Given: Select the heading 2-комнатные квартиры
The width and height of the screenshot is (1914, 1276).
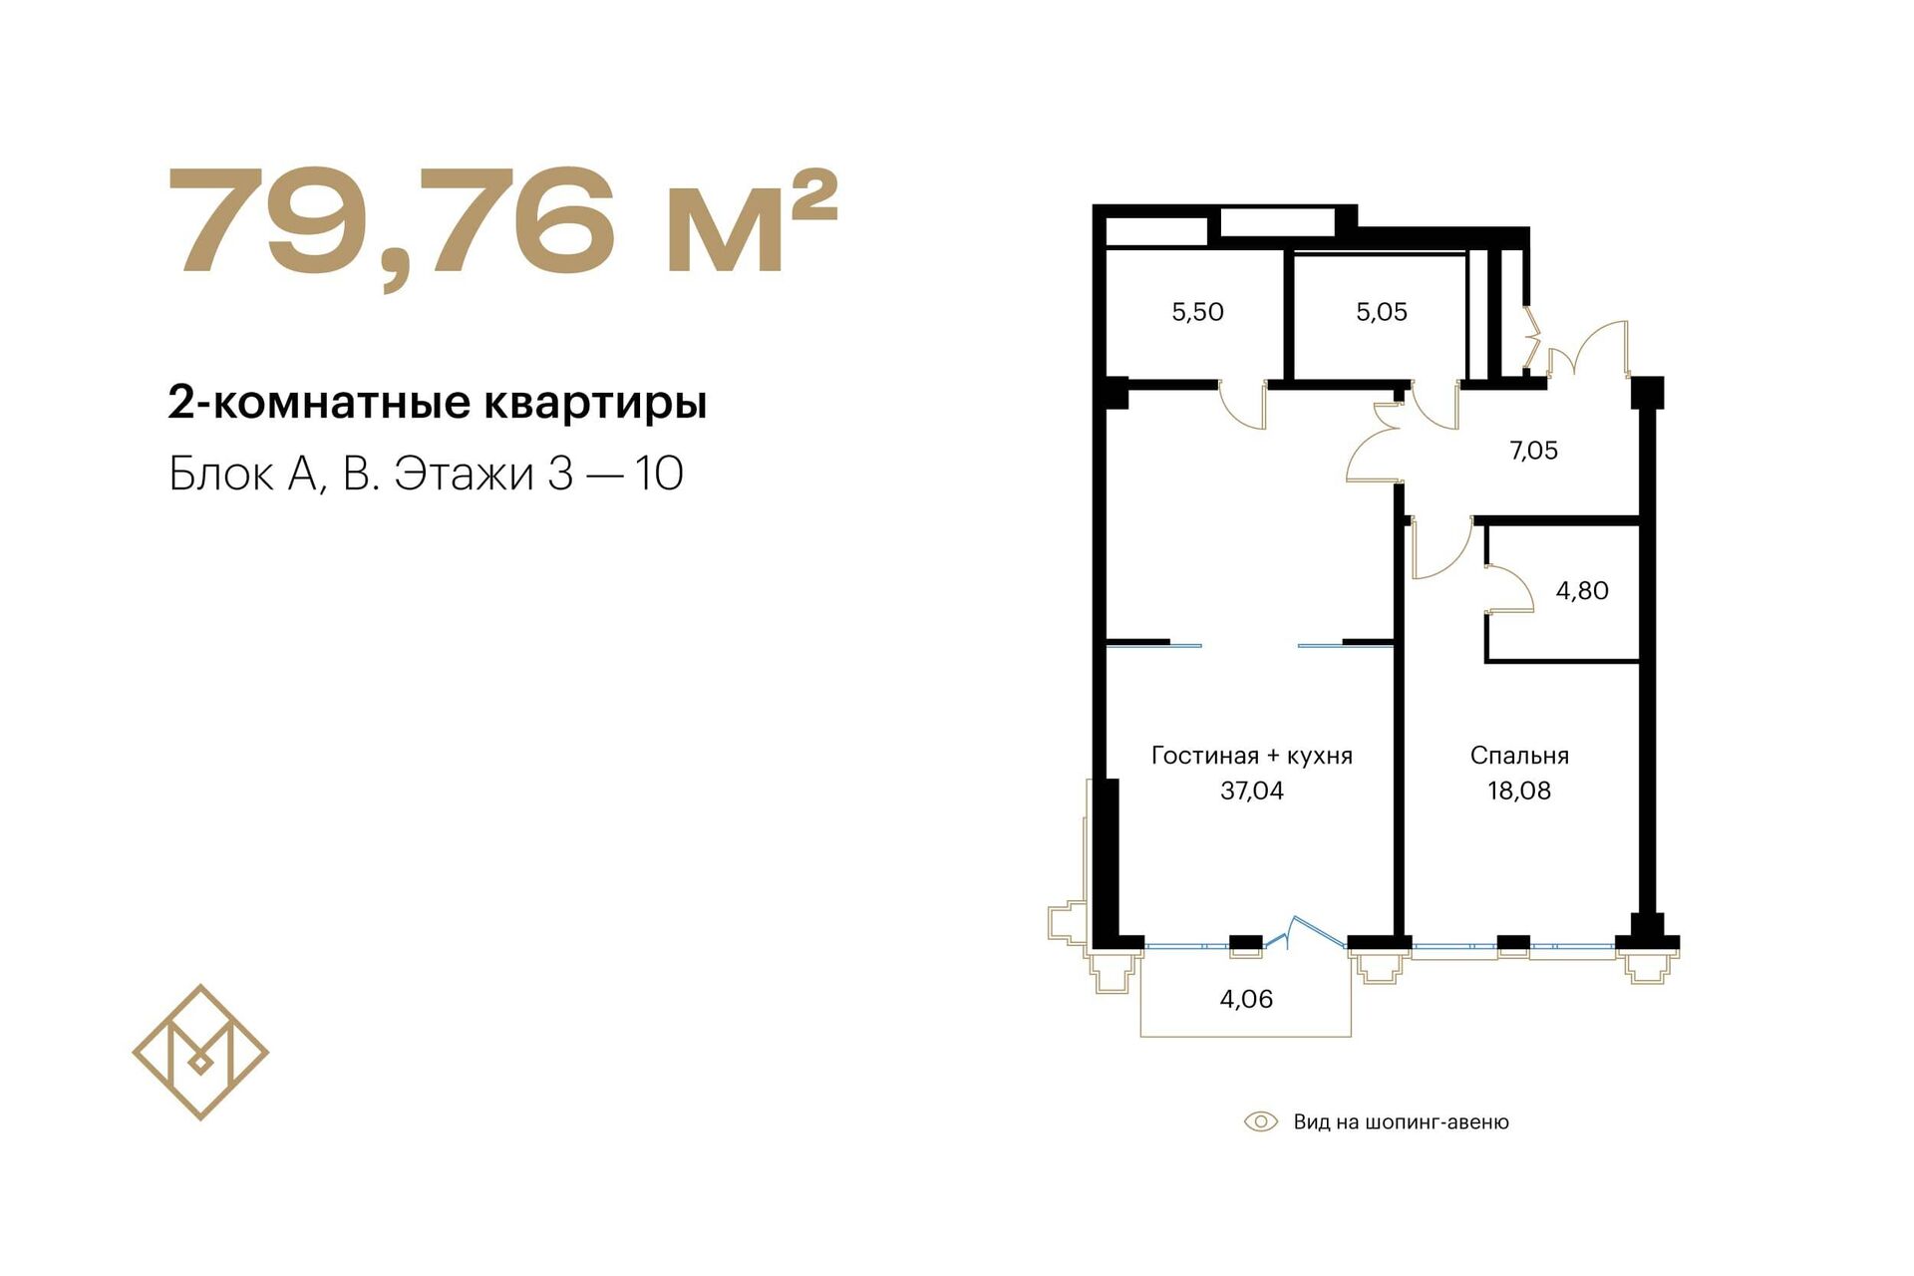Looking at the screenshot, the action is click(x=438, y=404).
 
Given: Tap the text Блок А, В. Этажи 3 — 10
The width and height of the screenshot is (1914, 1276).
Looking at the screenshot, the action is click(x=426, y=474).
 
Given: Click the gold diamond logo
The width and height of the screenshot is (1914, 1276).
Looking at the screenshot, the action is click(x=200, y=1052).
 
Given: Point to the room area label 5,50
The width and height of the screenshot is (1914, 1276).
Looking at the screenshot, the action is click(x=1197, y=312).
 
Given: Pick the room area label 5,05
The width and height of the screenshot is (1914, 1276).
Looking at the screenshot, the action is click(x=1382, y=312).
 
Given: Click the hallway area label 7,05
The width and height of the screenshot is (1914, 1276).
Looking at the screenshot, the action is click(x=1533, y=451).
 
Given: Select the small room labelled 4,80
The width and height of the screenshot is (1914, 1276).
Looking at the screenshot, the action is click(x=1582, y=591).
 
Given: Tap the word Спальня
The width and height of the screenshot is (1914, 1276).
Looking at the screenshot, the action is click(x=1519, y=756).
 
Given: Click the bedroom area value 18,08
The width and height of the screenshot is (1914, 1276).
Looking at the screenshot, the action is click(x=1519, y=791).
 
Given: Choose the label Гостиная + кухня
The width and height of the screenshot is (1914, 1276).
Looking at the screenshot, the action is click(x=1252, y=756).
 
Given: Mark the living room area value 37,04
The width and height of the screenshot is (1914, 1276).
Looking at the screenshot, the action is click(x=1252, y=791).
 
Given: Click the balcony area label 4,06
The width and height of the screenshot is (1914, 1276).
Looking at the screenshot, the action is click(x=1246, y=999).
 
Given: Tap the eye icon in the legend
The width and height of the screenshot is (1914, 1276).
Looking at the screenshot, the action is click(x=1261, y=1122).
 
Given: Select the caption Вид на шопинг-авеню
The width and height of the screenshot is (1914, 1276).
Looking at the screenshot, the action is click(x=1402, y=1122).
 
